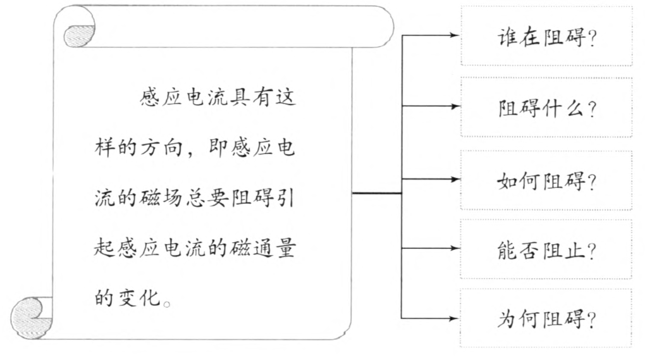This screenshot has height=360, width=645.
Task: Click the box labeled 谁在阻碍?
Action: (x=546, y=36)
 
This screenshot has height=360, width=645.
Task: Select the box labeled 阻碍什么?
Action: (x=546, y=108)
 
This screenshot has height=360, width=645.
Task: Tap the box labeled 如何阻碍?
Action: (x=546, y=180)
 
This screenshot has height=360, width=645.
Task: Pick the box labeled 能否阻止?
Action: (x=546, y=250)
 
